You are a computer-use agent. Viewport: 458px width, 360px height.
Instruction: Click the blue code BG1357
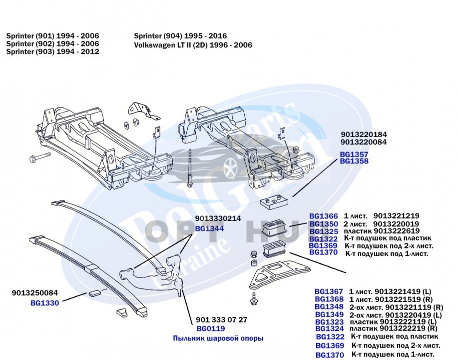[354, 155]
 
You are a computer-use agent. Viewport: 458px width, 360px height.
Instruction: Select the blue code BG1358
[354, 161]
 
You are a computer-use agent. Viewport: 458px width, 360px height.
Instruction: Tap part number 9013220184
[364, 134]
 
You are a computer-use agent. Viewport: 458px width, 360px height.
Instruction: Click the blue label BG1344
[209, 228]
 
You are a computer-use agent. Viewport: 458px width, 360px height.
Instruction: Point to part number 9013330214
[218, 218]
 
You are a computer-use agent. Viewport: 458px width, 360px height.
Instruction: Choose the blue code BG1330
[44, 302]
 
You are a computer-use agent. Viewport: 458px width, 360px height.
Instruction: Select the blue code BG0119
[210, 328]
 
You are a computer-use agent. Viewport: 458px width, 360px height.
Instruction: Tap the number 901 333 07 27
[221, 319]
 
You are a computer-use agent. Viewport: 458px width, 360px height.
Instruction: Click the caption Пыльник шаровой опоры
[218, 338]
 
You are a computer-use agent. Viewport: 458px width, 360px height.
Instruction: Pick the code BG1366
[323, 216]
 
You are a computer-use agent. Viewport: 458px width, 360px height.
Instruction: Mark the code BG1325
[323, 231]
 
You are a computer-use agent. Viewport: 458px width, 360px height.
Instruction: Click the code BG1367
[329, 291]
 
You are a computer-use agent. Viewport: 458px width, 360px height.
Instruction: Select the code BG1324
[329, 328]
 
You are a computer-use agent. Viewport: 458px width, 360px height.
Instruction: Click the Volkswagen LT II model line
[193, 45]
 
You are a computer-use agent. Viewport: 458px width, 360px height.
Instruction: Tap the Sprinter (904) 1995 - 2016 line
[180, 36]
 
